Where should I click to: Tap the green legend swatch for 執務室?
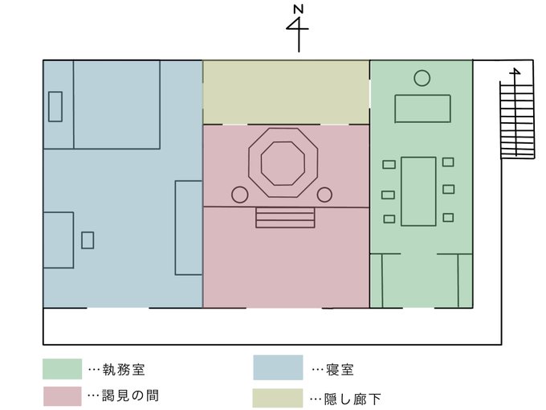click(x=62, y=369)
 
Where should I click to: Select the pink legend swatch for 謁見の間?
click(x=62, y=396)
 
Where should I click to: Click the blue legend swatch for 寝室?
click(x=278, y=367)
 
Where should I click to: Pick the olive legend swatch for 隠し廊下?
click(x=278, y=397)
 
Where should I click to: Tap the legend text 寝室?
click(x=340, y=370)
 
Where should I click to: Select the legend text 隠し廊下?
click(x=351, y=397)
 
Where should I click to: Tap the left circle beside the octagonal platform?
click(x=239, y=195)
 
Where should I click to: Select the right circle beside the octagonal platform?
click(x=324, y=195)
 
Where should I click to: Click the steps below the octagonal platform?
click(x=284, y=218)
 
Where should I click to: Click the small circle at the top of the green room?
click(x=422, y=78)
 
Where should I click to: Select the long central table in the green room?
click(x=418, y=191)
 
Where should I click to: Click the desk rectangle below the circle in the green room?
click(x=422, y=109)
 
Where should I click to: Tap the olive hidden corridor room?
click(x=286, y=92)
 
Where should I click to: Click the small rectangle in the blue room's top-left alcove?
click(x=55, y=106)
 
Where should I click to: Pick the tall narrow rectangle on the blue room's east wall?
click(x=189, y=228)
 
